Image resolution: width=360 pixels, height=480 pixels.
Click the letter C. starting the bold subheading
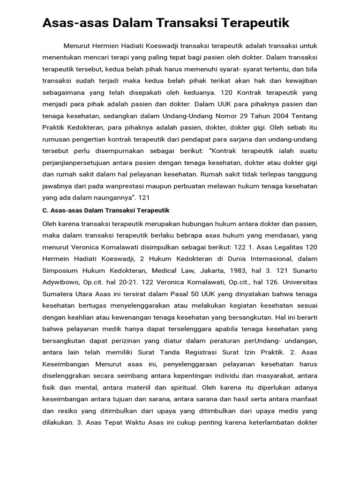(x=45, y=210)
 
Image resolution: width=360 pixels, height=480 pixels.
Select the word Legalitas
(x=300, y=246)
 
